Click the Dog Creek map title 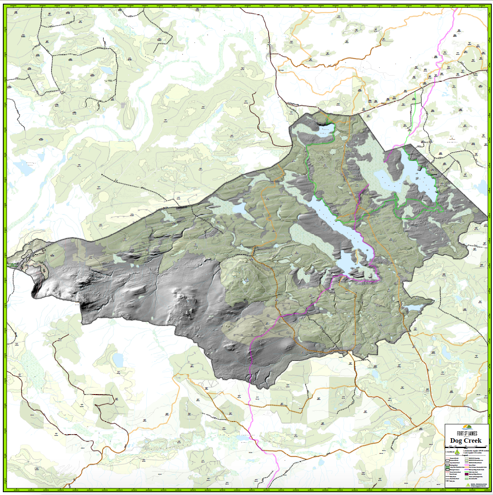click(466, 441)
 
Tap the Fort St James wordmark click(467, 433)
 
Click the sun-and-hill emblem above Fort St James click(467, 427)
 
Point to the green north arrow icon click(457, 452)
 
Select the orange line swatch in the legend click(466, 467)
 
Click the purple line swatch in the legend click(466, 470)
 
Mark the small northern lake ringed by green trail click(325, 130)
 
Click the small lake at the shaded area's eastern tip click(413, 307)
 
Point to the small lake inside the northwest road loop click(108, 70)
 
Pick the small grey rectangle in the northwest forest click(123, 105)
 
